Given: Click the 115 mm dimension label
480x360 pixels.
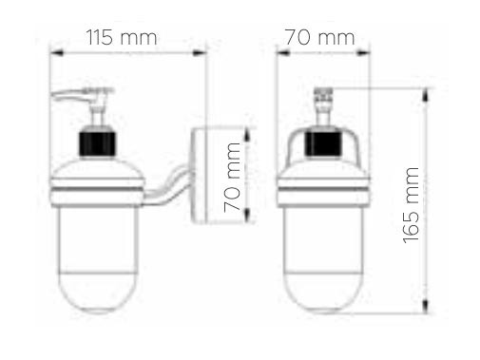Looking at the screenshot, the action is (122, 38).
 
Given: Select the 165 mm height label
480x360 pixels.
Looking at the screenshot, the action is (411, 205).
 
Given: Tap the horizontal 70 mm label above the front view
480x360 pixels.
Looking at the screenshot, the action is (319, 37).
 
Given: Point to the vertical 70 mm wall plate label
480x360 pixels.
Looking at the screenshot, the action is (232, 177).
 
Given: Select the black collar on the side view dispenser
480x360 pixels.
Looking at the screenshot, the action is (98, 144).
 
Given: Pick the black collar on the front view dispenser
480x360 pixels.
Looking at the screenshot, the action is (323, 144).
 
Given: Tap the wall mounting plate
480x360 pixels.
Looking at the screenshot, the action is (199, 175).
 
